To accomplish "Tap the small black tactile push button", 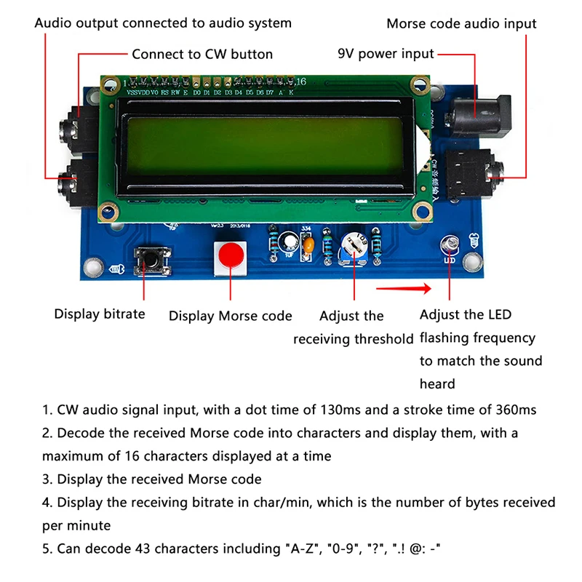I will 153,258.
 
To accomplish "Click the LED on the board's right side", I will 450,244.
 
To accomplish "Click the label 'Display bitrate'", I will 100,314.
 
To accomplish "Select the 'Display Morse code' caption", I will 230,316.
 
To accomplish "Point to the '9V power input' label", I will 386,53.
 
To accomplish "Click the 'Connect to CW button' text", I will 202,54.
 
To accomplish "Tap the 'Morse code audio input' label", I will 461,23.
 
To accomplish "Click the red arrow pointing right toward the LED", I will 404,290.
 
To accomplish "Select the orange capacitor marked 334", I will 309,247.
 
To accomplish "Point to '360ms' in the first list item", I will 516,410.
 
